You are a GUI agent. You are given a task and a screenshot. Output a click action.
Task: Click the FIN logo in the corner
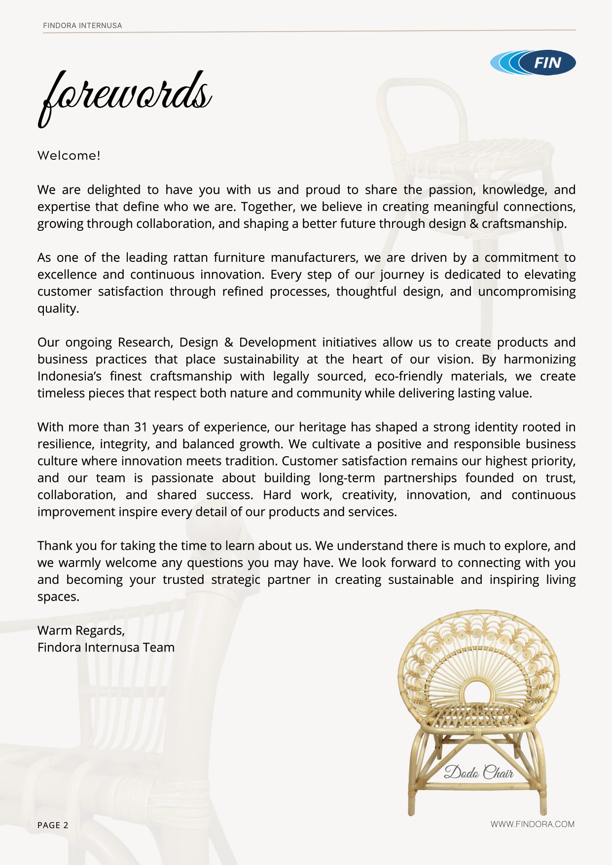click(x=533, y=63)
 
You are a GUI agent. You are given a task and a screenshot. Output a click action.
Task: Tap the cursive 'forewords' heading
click(x=125, y=96)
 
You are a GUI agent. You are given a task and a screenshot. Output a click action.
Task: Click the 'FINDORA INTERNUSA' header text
click(x=82, y=26)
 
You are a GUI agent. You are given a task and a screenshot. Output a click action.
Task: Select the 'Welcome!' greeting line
click(x=69, y=156)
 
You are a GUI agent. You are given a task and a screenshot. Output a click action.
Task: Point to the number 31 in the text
click(x=141, y=427)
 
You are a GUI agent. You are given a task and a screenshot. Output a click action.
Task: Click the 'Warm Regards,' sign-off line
click(x=81, y=631)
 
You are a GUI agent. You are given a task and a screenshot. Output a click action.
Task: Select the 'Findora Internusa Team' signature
click(x=106, y=648)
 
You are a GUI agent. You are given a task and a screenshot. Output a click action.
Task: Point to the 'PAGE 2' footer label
click(x=53, y=825)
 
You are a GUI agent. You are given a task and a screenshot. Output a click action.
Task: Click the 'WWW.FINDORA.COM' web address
click(x=532, y=824)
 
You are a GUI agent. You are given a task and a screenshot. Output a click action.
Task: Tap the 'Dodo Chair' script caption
click(x=479, y=772)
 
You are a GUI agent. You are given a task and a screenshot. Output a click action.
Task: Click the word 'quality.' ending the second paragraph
click(x=58, y=309)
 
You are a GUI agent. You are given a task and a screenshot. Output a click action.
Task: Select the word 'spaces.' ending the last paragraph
click(x=58, y=597)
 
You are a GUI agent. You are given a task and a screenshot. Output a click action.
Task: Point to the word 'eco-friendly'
click(x=408, y=376)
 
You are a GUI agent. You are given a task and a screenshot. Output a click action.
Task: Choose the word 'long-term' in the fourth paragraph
click(x=347, y=478)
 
